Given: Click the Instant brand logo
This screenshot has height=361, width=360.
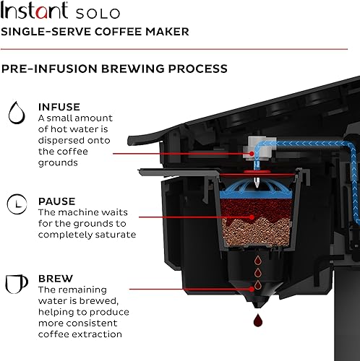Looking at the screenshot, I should tap(35, 12).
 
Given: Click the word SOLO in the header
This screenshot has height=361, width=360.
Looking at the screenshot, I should tap(96, 13).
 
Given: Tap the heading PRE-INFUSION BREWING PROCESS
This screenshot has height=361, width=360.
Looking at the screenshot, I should tap(114, 69).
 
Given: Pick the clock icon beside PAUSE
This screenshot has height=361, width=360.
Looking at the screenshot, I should tap(14, 206).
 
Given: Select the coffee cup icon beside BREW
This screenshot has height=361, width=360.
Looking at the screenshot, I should tap(14, 282).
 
